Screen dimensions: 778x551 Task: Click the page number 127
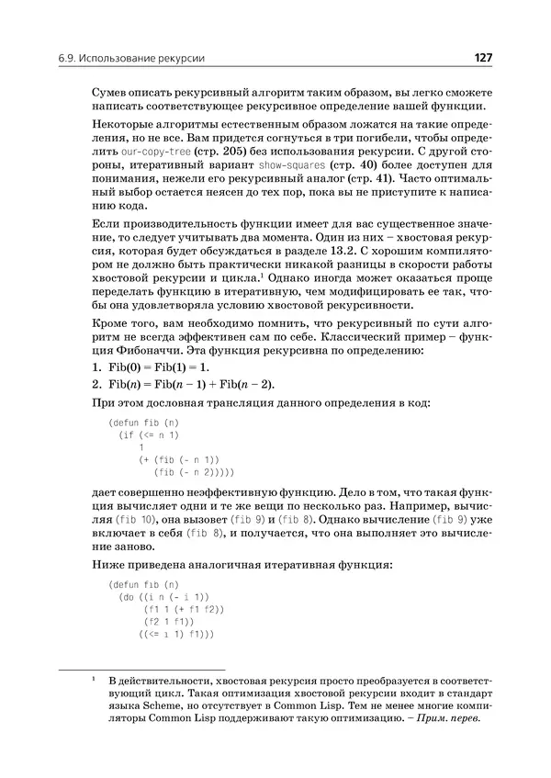[483, 59]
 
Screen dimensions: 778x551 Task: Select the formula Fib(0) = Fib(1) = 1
[165, 366]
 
